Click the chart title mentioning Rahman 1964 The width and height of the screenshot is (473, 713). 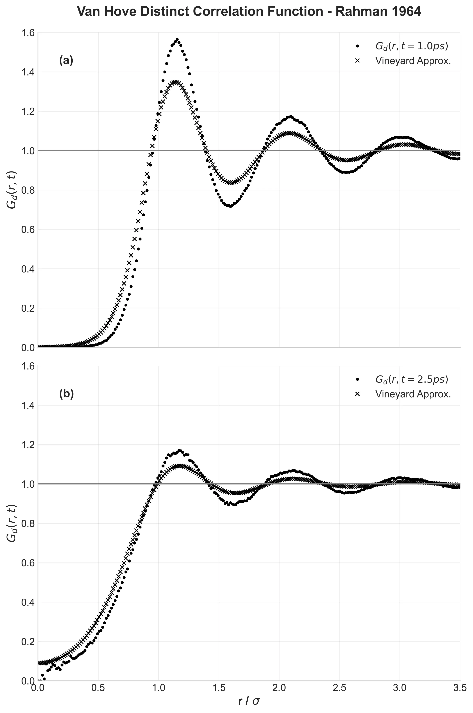[x=249, y=12]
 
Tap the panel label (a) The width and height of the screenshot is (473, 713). [x=66, y=61]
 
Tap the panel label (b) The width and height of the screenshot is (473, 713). [x=66, y=394]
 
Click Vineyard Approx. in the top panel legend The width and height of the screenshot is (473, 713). [x=413, y=61]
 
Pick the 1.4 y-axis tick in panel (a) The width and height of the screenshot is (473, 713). [x=27, y=72]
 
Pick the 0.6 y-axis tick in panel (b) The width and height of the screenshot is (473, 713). [x=27, y=563]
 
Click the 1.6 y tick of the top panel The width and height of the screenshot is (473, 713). [x=27, y=33]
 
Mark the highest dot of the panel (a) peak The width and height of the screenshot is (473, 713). [x=177, y=40]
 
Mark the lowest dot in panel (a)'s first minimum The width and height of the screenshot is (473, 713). [x=230, y=207]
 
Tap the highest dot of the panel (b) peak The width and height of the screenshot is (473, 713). [x=179, y=450]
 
